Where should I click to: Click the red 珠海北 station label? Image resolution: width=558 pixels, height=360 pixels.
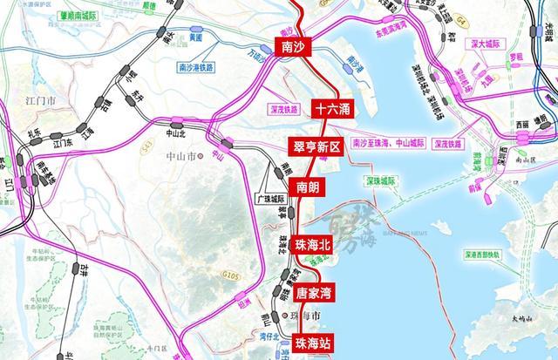click(x=313, y=245)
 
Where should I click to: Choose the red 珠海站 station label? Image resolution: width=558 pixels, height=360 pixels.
click(x=312, y=342)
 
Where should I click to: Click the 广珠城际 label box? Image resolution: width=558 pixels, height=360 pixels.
click(x=270, y=197)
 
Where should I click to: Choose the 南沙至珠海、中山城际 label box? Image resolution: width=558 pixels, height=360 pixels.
click(x=387, y=142)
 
